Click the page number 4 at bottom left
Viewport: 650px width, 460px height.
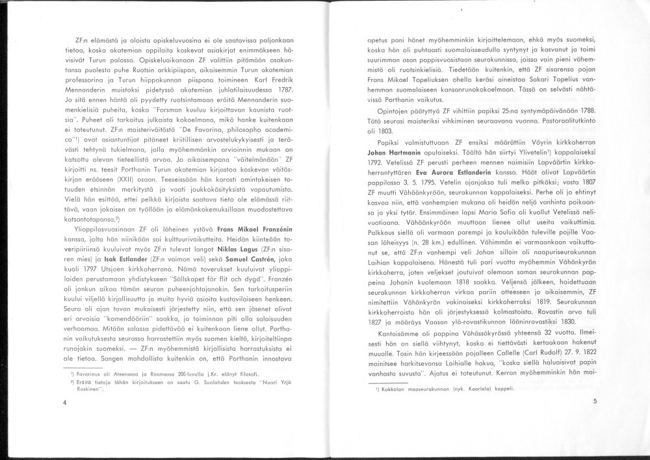point(66,402)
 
